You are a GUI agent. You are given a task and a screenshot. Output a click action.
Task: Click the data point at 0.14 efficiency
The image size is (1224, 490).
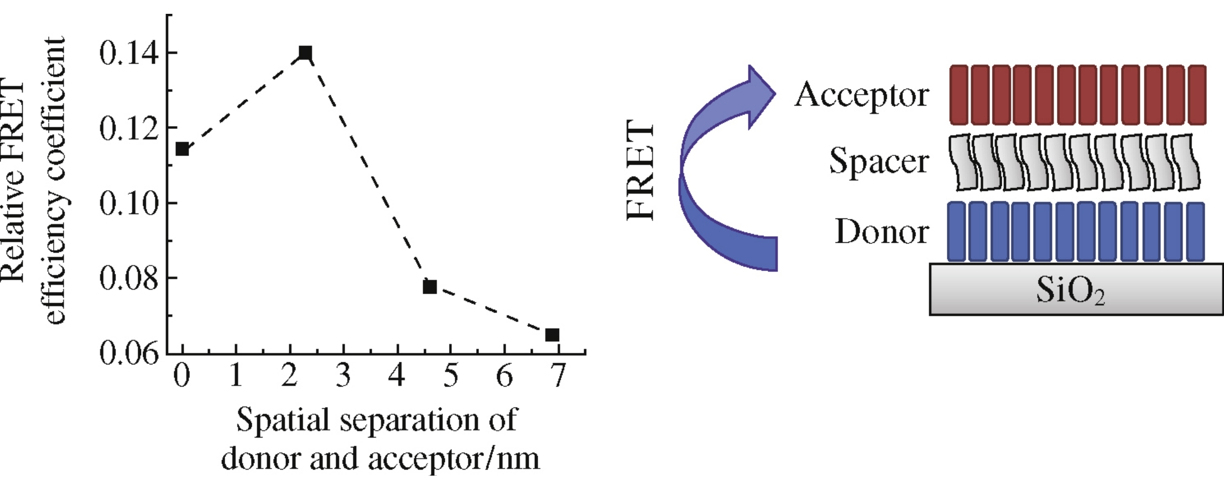[x=305, y=53]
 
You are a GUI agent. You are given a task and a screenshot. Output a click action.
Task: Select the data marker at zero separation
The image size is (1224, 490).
[x=182, y=149]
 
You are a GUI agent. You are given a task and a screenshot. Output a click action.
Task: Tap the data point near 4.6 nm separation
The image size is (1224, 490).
[x=430, y=286]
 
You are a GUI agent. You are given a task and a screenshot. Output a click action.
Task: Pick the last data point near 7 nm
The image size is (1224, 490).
[x=552, y=335]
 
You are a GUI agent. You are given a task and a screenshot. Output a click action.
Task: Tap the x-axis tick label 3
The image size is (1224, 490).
[x=343, y=376]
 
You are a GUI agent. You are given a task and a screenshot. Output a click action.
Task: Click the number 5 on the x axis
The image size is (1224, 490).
[x=451, y=376]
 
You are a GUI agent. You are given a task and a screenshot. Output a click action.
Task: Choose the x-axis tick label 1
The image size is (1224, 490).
[x=236, y=376]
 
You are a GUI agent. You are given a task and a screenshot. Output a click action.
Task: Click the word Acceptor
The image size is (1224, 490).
[x=861, y=95]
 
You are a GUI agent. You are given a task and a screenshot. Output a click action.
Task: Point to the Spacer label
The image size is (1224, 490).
[x=879, y=161]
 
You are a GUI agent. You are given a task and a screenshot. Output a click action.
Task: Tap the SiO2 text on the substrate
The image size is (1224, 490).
[x=1070, y=290]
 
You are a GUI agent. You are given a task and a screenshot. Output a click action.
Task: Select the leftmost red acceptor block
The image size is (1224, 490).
[x=959, y=95]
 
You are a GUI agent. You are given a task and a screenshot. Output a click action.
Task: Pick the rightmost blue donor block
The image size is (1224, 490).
[x=1195, y=231]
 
